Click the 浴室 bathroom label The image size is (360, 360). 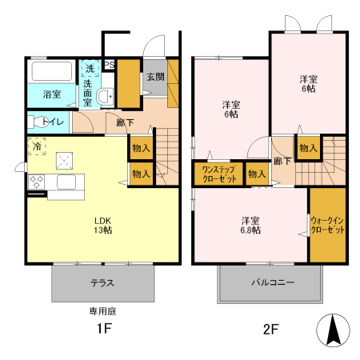[52, 94]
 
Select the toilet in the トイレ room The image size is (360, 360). [36, 122]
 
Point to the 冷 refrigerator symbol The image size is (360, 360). [37, 147]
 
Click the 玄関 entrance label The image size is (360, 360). [155, 77]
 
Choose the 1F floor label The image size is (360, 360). [103, 329]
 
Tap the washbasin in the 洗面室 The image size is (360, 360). [104, 97]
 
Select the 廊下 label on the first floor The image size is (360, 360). [125, 122]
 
